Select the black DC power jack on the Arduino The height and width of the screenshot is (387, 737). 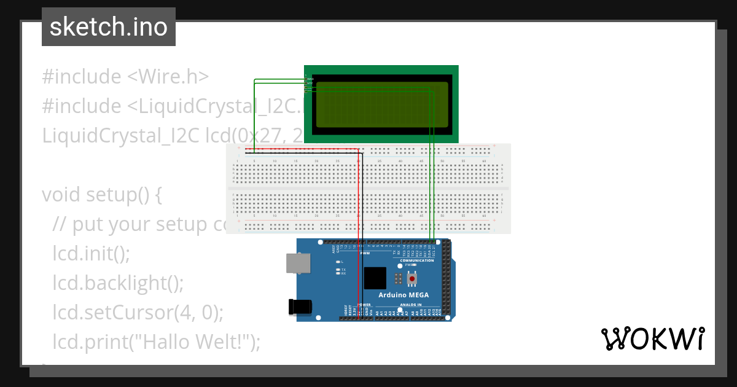click(x=299, y=307)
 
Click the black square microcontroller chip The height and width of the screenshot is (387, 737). click(x=375, y=278)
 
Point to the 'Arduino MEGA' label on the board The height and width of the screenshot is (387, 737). click(x=404, y=295)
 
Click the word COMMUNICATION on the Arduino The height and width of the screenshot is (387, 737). click(x=417, y=260)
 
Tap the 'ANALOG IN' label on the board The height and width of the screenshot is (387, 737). click(x=411, y=305)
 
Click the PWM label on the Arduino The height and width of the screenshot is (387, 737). click(x=365, y=253)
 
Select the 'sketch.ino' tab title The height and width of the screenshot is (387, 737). click(x=109, y=27)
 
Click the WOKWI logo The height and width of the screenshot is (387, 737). click(x=652, y=338)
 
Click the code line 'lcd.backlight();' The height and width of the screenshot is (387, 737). click(x=118, y=283)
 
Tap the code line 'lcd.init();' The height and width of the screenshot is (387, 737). click(x=92, y=254)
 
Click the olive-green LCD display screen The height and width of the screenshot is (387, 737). click(x=381, y=104)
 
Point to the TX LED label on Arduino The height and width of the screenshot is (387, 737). click(x=343, y=270)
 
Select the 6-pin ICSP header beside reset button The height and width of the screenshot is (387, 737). click(x=398, y=279)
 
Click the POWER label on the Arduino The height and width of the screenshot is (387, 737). click(x=364, y=305)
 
